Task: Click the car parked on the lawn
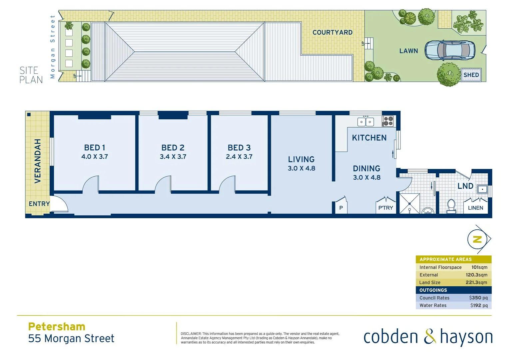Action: [x=450, y=50]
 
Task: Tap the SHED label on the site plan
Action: [x=471, y=75]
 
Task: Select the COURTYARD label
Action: [x=332, y=32]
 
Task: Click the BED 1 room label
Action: [x=95, y=147]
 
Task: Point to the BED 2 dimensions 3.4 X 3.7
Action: [x=173, y=157]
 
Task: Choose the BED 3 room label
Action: [x=239, y=147]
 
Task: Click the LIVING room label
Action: [x=301, y=159]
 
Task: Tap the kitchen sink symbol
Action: [x=365, y=122]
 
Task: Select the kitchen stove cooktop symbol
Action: [x=388, y=121]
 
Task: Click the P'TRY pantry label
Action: [x=385, y=208]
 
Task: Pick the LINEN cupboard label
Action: [x=475, y=208]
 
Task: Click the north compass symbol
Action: [x=477, y=239]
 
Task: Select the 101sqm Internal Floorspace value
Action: [x=479, y=267]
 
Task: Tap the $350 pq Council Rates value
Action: [x=478, y=298]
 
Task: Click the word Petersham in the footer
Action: [x=57, y=326]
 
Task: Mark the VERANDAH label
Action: [x=38, y=161]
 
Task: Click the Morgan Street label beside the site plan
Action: [x=52, y=47]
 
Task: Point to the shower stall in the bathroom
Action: [x=409, y=203]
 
